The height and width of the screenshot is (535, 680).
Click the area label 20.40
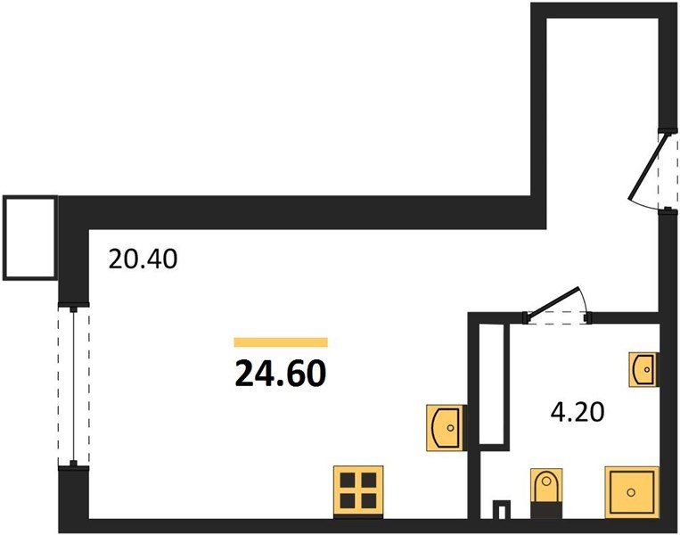coord(143,259)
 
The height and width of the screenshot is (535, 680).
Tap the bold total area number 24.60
coord(280,374)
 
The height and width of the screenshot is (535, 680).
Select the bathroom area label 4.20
coord(578,412)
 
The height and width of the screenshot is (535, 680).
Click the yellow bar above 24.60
coord(281,342)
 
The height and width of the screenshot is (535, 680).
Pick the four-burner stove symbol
coord(358,491)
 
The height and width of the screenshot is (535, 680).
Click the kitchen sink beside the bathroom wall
coord(447,427)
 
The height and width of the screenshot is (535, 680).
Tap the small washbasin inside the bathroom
coord(643,369)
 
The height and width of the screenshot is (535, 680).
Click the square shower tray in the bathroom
coord(632,492)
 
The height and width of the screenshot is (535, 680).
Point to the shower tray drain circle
coord(631,492)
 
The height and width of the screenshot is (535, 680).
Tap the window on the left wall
coord(74,386)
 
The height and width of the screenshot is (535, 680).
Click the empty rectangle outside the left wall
coord(30,238)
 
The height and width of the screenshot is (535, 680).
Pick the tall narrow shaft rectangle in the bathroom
coord(492,383)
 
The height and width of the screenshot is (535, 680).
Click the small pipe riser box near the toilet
coord(502,509)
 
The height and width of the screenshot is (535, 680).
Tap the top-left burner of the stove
coord(348,481)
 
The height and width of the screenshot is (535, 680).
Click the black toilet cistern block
coord(546,510)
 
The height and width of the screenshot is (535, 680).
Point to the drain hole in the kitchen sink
coord(450,428)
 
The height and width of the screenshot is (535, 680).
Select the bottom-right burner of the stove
coord(369,501)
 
